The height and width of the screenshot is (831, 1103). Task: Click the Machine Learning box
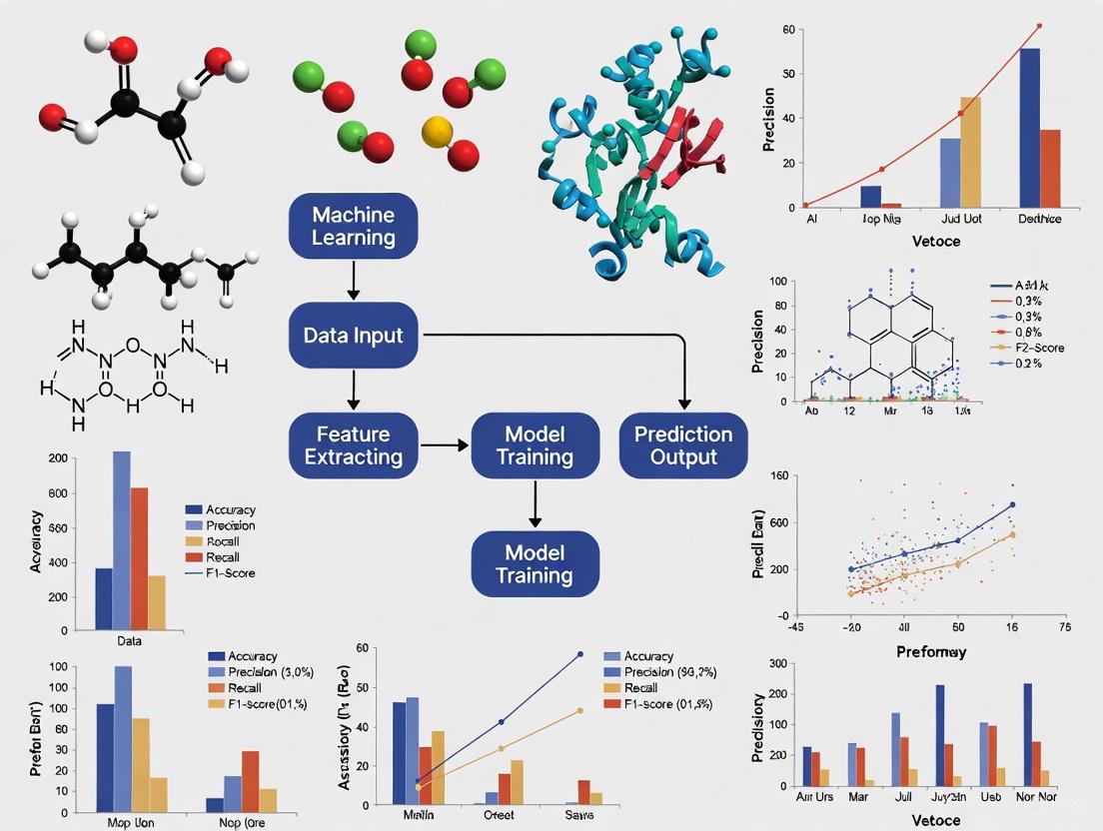tap(353, 227)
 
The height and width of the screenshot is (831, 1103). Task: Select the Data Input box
tap(353, 336)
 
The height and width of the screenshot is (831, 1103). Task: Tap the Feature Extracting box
tap(353, 445)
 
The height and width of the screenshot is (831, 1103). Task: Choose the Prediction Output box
tap(683, 445)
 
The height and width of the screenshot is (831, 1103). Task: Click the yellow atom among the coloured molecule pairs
tap(438, 131)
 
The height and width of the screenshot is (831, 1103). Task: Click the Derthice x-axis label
tap(1039, 219)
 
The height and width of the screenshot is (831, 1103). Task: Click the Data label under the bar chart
tap(130, 640)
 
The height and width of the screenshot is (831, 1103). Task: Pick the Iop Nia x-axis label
tap(880, 219)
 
